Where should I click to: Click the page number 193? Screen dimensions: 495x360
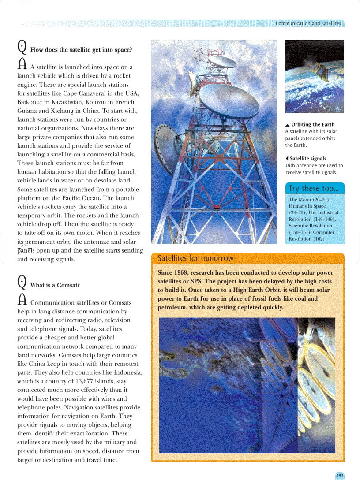pyautogui.click(x=339, y=476)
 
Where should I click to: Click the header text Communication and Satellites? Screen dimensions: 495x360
pyautogui.click(x=308, y=23)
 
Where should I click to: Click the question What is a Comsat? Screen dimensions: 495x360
pyautogui.click(x=55, y=285)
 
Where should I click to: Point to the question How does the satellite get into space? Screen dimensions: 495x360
pyautogui.click(x=81, y=50)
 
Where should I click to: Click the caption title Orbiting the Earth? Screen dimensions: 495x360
pyautogui.click(x=312, y=125)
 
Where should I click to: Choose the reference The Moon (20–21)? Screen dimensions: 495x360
pyautogui.click(x=309, y=200)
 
